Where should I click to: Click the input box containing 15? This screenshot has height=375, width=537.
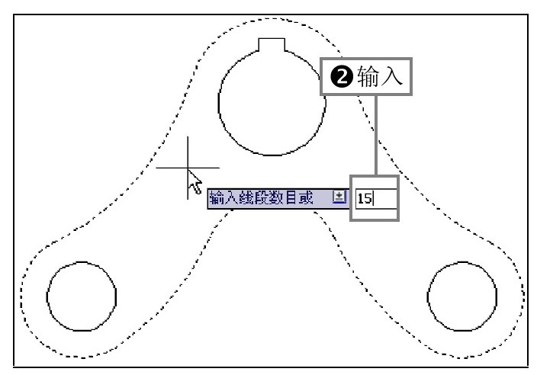[x=375, y=198]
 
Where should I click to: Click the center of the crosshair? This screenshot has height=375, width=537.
[x=188, y=167]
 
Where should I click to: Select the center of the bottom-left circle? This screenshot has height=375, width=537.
[x=82, y=296]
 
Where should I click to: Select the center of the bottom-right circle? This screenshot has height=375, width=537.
[x=463, y=296]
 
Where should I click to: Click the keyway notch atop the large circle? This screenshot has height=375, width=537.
[x=272, y=46]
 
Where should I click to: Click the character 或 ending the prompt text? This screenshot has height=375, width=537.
[x=306, y=198]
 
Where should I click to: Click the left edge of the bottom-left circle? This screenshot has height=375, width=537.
[x=47, y=296]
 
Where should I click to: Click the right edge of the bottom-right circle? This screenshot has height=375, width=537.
[x=497, y=296]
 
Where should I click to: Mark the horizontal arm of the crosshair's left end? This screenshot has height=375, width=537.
[x=158, y=167]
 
